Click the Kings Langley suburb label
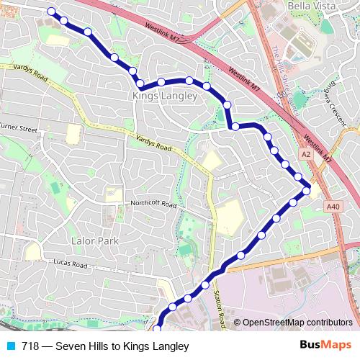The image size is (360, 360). pyautogui.click(x=160, y=95)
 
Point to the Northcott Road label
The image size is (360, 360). pyautogui.click(x=153, y=204)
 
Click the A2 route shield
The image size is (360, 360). pyautogui.click(x=307, y=154)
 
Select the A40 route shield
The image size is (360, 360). pyautogui.click(x=332, y=207)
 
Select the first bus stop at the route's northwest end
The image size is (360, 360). pyautogui.click(x=51, y=12)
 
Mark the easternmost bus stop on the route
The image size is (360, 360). pyautogui.click(x=307, y=190)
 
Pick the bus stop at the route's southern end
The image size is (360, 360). pyautogui.click(x=157, y=329)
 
